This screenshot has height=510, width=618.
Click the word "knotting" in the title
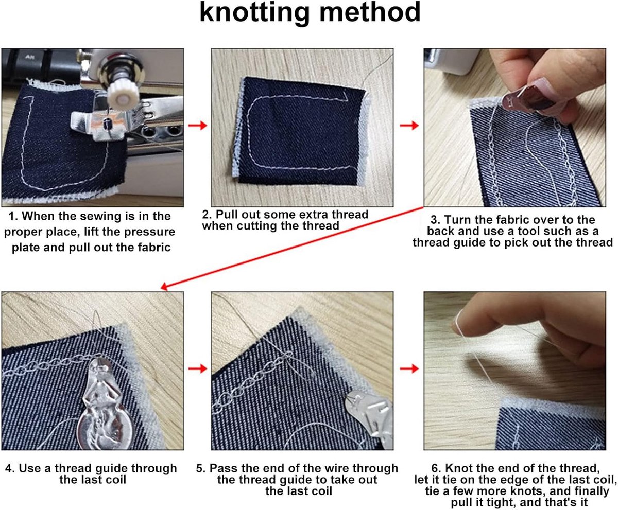click(254, 13)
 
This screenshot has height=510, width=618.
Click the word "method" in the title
click(370, 12)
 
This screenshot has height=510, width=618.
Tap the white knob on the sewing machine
click(123, 94)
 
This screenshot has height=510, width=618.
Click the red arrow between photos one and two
click(197, 125)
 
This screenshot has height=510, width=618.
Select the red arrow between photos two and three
click(409, 125)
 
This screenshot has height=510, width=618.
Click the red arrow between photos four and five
click(197, 368)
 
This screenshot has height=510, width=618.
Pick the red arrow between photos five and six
click(409, 368)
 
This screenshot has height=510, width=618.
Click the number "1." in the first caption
click(13, 216)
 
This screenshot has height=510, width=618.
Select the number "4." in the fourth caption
click(10, 468)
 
